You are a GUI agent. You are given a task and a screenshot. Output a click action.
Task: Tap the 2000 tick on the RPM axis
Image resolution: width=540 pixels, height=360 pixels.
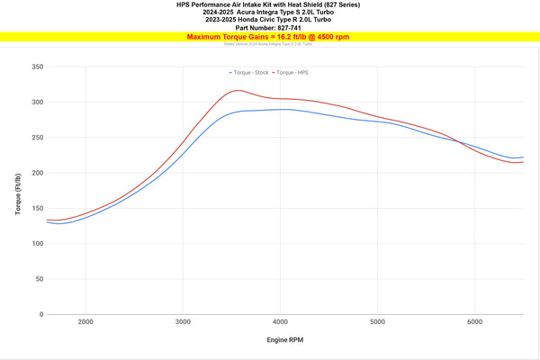85,322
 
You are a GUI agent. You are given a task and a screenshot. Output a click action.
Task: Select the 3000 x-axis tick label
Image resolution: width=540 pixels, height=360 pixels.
183,322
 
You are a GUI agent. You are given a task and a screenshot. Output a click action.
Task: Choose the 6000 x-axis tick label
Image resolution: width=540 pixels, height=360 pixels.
474,322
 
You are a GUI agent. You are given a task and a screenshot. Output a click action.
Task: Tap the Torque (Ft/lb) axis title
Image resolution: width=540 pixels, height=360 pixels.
18,191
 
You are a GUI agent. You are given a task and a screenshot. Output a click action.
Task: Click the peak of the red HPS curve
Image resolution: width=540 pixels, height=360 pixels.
237,90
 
